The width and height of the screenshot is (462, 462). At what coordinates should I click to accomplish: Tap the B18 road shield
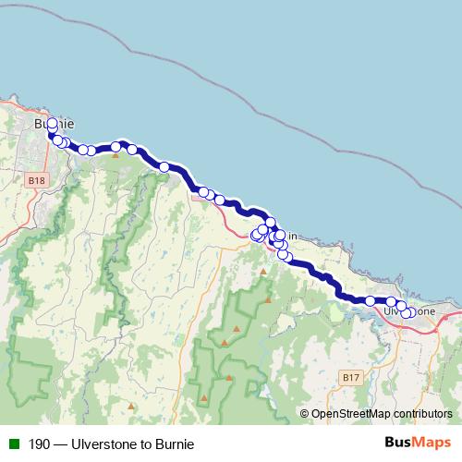(x=36, y=180)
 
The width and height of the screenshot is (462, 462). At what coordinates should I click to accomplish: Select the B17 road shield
(x=350, y=378)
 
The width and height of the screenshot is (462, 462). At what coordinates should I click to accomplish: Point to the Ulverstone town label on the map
(x=409, y=311)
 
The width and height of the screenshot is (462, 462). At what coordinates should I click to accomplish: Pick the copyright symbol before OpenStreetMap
(x=305, y=414)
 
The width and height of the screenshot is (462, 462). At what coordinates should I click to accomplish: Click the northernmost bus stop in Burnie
(x=52, y=123)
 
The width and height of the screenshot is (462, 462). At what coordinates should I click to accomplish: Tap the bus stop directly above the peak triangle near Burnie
(x=115, y=146)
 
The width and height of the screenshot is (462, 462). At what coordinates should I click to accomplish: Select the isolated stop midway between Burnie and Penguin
(x=164, y=167)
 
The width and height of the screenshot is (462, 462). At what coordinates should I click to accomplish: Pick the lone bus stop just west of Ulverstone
(x=370, y=300)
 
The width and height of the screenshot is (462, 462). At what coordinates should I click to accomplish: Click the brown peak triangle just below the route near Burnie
(x=115, y=155)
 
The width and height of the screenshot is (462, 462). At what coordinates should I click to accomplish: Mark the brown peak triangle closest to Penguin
(x=263, y=272)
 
